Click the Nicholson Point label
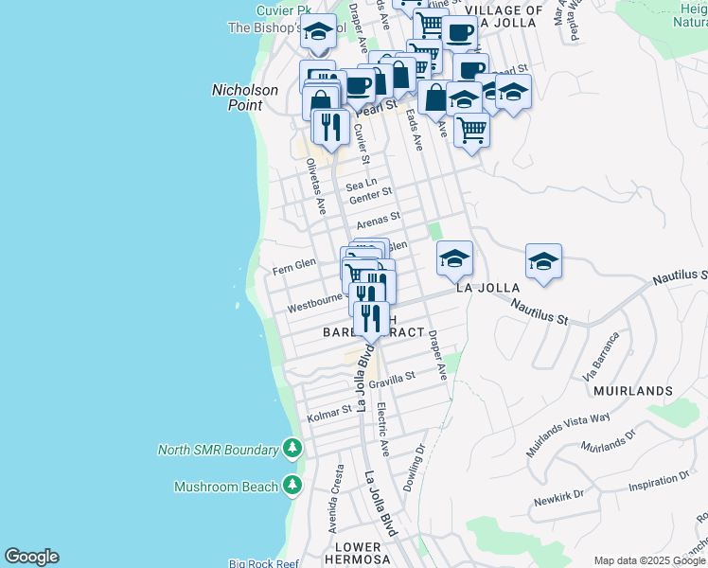244,98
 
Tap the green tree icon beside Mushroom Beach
292,487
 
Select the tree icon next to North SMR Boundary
292,449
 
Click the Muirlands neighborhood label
633,390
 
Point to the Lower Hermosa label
358,554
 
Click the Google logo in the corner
31,557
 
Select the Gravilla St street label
392,380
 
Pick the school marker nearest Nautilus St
544,261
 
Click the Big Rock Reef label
264,563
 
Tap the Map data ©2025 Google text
649,560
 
